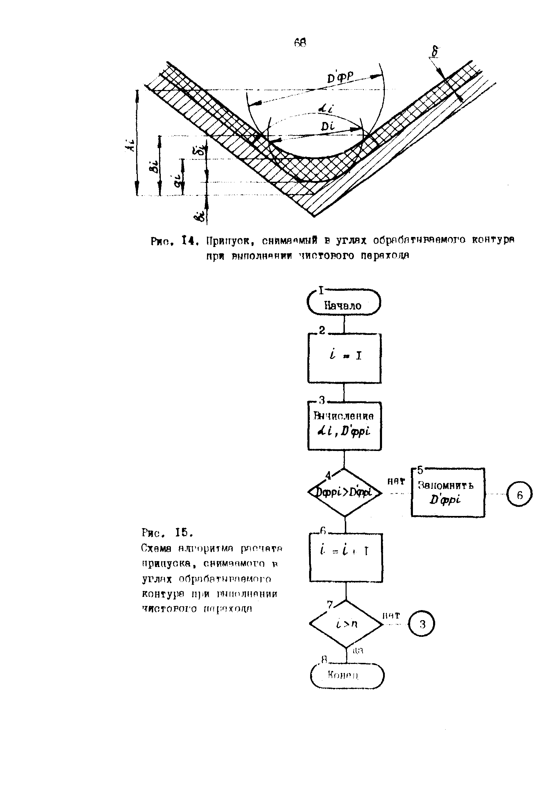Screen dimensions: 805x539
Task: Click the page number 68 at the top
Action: pos(300,42)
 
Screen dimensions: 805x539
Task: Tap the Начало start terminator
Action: pos(343,302)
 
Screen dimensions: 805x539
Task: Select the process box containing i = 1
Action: pos(344,358)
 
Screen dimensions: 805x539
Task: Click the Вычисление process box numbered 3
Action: pos(344,426)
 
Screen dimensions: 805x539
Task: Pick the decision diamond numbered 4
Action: pos(345,492)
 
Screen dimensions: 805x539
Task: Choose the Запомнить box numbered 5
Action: pos(448,492)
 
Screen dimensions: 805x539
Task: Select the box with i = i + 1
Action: pos(346,557)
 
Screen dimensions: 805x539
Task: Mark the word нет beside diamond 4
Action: pos(396,482)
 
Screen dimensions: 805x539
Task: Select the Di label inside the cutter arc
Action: pos(327,127)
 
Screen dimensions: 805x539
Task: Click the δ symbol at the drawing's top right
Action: pos(434,52)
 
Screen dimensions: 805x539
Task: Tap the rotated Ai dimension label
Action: pos(129,147)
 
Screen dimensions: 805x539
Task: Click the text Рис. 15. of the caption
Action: pos(167,532)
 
